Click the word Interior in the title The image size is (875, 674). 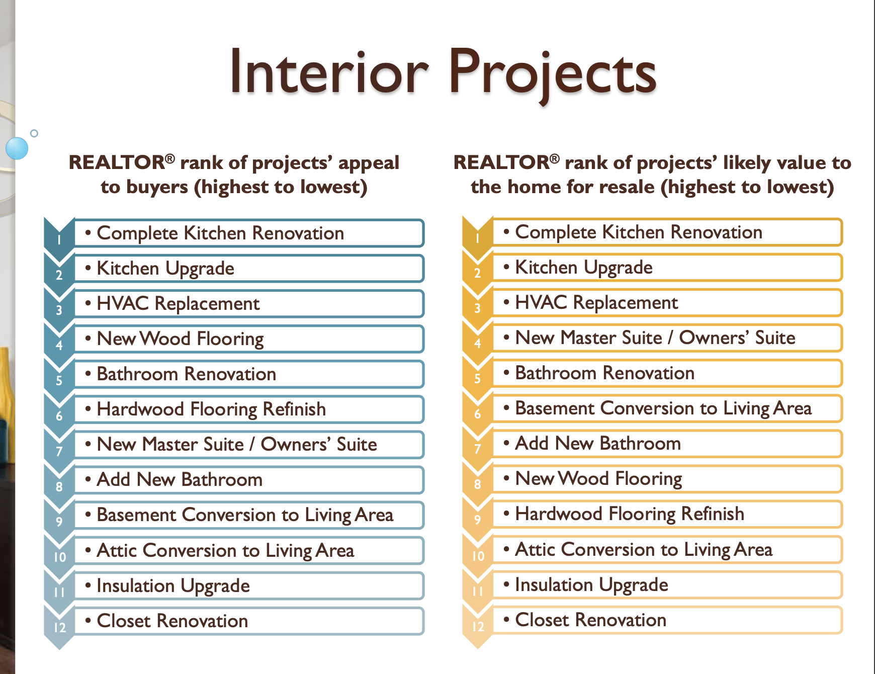(x=329, y=72)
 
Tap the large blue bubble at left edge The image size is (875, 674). (x=17, y=148)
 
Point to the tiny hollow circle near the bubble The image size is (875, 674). (x=34, y=133)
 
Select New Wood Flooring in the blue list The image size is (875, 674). (x=180, y=339)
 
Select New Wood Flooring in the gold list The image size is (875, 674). (x=598, y=479)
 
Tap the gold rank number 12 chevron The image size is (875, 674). (x=478, y=626)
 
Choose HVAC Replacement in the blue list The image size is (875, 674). (x=178, y=304)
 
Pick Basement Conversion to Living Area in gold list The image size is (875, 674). (x=663, y=408)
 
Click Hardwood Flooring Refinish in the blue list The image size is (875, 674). (x=211, y=409)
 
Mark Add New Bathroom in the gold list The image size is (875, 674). (x=598, y=444)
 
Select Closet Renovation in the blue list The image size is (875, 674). (x=172, y=621)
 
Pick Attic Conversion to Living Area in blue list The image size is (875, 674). (x=225, y=551)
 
